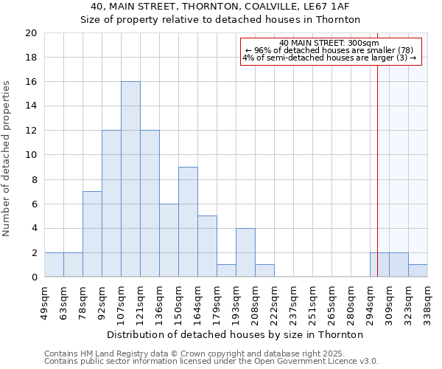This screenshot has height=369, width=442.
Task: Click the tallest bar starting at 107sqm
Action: point(130,179)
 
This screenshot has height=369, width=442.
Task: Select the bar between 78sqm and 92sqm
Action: point(92,234)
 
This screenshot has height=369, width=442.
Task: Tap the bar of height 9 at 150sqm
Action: point(188,222)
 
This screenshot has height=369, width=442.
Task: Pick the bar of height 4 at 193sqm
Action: point(245,252)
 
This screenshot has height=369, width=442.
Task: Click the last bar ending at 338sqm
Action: point(418,271)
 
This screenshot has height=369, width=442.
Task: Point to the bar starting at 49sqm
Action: point(54,265)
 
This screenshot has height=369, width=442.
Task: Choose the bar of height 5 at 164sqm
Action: point(207,246)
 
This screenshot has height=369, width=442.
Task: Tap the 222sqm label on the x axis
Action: point(274,299)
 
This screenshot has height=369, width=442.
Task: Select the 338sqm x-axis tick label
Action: point(427,299)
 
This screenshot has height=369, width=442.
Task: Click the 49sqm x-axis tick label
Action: point(44,299)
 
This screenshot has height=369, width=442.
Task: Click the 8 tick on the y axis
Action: point(33,179)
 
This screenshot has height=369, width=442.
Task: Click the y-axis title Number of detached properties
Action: point(7,159)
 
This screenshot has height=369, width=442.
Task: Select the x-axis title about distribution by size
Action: point(236,334)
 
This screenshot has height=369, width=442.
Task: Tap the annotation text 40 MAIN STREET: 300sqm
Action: point(329,43)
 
